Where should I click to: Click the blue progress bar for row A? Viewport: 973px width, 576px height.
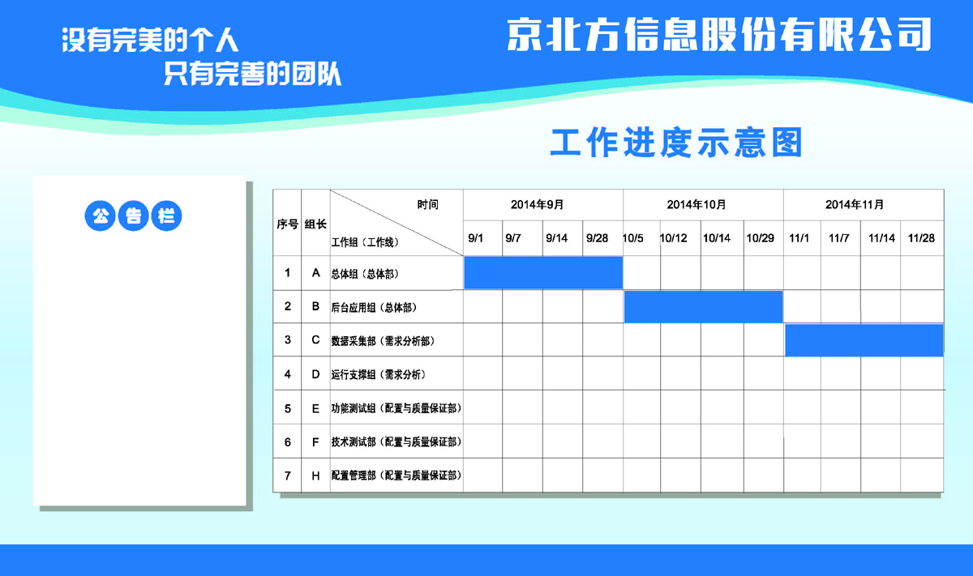(x=543, y=272)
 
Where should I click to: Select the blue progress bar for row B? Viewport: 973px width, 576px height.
(x=704, y=307)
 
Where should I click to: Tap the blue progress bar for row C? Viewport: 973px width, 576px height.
(x=864, y=340)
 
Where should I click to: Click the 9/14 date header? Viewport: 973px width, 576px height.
(x=556, y=238)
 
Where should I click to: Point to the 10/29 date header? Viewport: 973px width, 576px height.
(x=761, y=238)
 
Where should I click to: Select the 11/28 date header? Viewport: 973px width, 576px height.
(x=921, y=238)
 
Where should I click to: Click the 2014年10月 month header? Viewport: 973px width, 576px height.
(x=697, y=204)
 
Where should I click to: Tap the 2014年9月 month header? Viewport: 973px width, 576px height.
(x=538, y=204)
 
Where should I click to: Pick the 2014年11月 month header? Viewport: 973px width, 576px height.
(x=855, y=204)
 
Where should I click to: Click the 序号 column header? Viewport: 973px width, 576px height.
(x=287, y=224)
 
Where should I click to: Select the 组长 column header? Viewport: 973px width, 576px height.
(x=315, y=224)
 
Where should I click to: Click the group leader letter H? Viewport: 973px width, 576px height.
(x=315, y=476)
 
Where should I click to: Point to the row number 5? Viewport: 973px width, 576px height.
(x=288, y=408)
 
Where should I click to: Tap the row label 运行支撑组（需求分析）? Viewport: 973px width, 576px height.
(x=379, y=374)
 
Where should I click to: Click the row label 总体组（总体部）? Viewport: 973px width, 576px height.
(x=365, y=274)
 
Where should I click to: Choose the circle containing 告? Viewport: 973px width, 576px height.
(x=133, y=215)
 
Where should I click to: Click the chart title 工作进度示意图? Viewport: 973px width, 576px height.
(x=676, y=143)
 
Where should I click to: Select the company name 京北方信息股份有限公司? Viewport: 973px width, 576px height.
(x=719, y=35)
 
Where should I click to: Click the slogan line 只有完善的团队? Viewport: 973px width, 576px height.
(x=252, y=74)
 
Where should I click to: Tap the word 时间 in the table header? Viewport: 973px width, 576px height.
(x=428, y=204)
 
